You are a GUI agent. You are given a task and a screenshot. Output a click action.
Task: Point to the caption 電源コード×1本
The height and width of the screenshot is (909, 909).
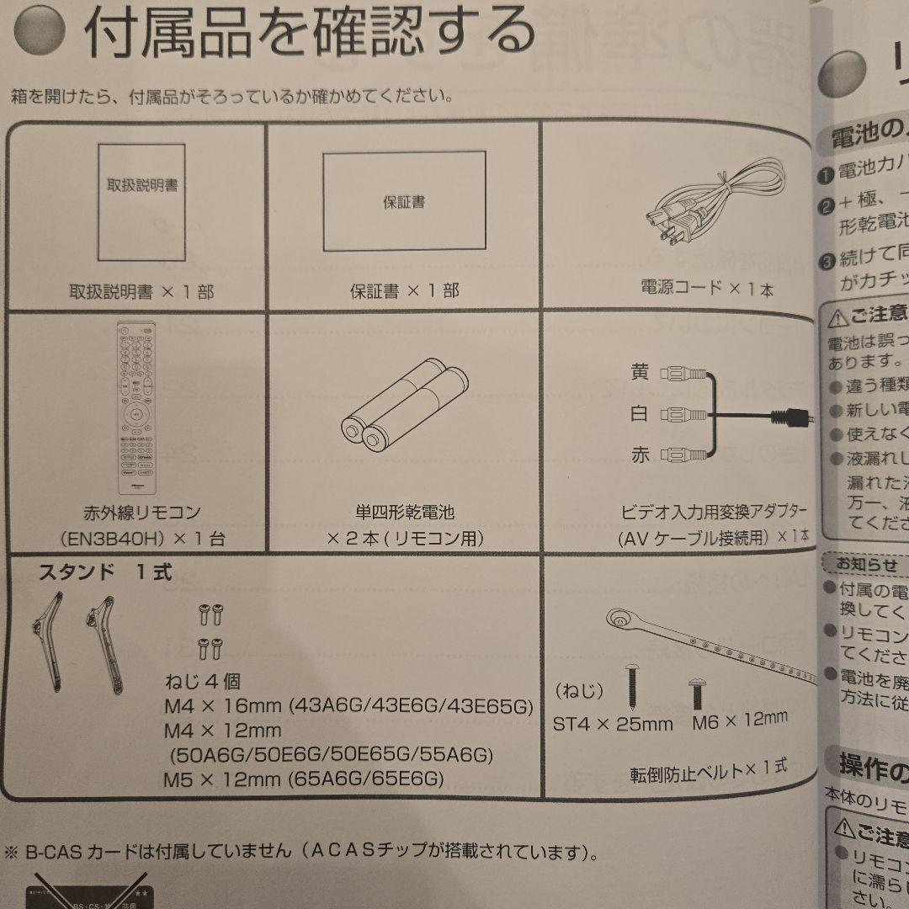point(707,289)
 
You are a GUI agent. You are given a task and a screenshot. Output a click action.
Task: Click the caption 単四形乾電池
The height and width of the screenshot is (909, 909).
point(405,512)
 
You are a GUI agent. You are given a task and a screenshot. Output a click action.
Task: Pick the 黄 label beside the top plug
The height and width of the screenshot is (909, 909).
point(641,371)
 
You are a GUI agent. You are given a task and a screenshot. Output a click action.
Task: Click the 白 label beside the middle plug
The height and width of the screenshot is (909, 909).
point(641,414)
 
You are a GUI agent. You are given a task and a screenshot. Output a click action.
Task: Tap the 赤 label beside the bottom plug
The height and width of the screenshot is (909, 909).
point(641,455)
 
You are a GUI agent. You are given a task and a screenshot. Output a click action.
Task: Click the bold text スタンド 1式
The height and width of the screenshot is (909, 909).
point(105,573)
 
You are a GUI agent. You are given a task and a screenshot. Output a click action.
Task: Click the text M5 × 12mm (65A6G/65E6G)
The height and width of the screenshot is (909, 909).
point(303,779)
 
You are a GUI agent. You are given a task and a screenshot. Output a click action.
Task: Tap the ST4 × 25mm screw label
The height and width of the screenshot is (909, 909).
point(613,723)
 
